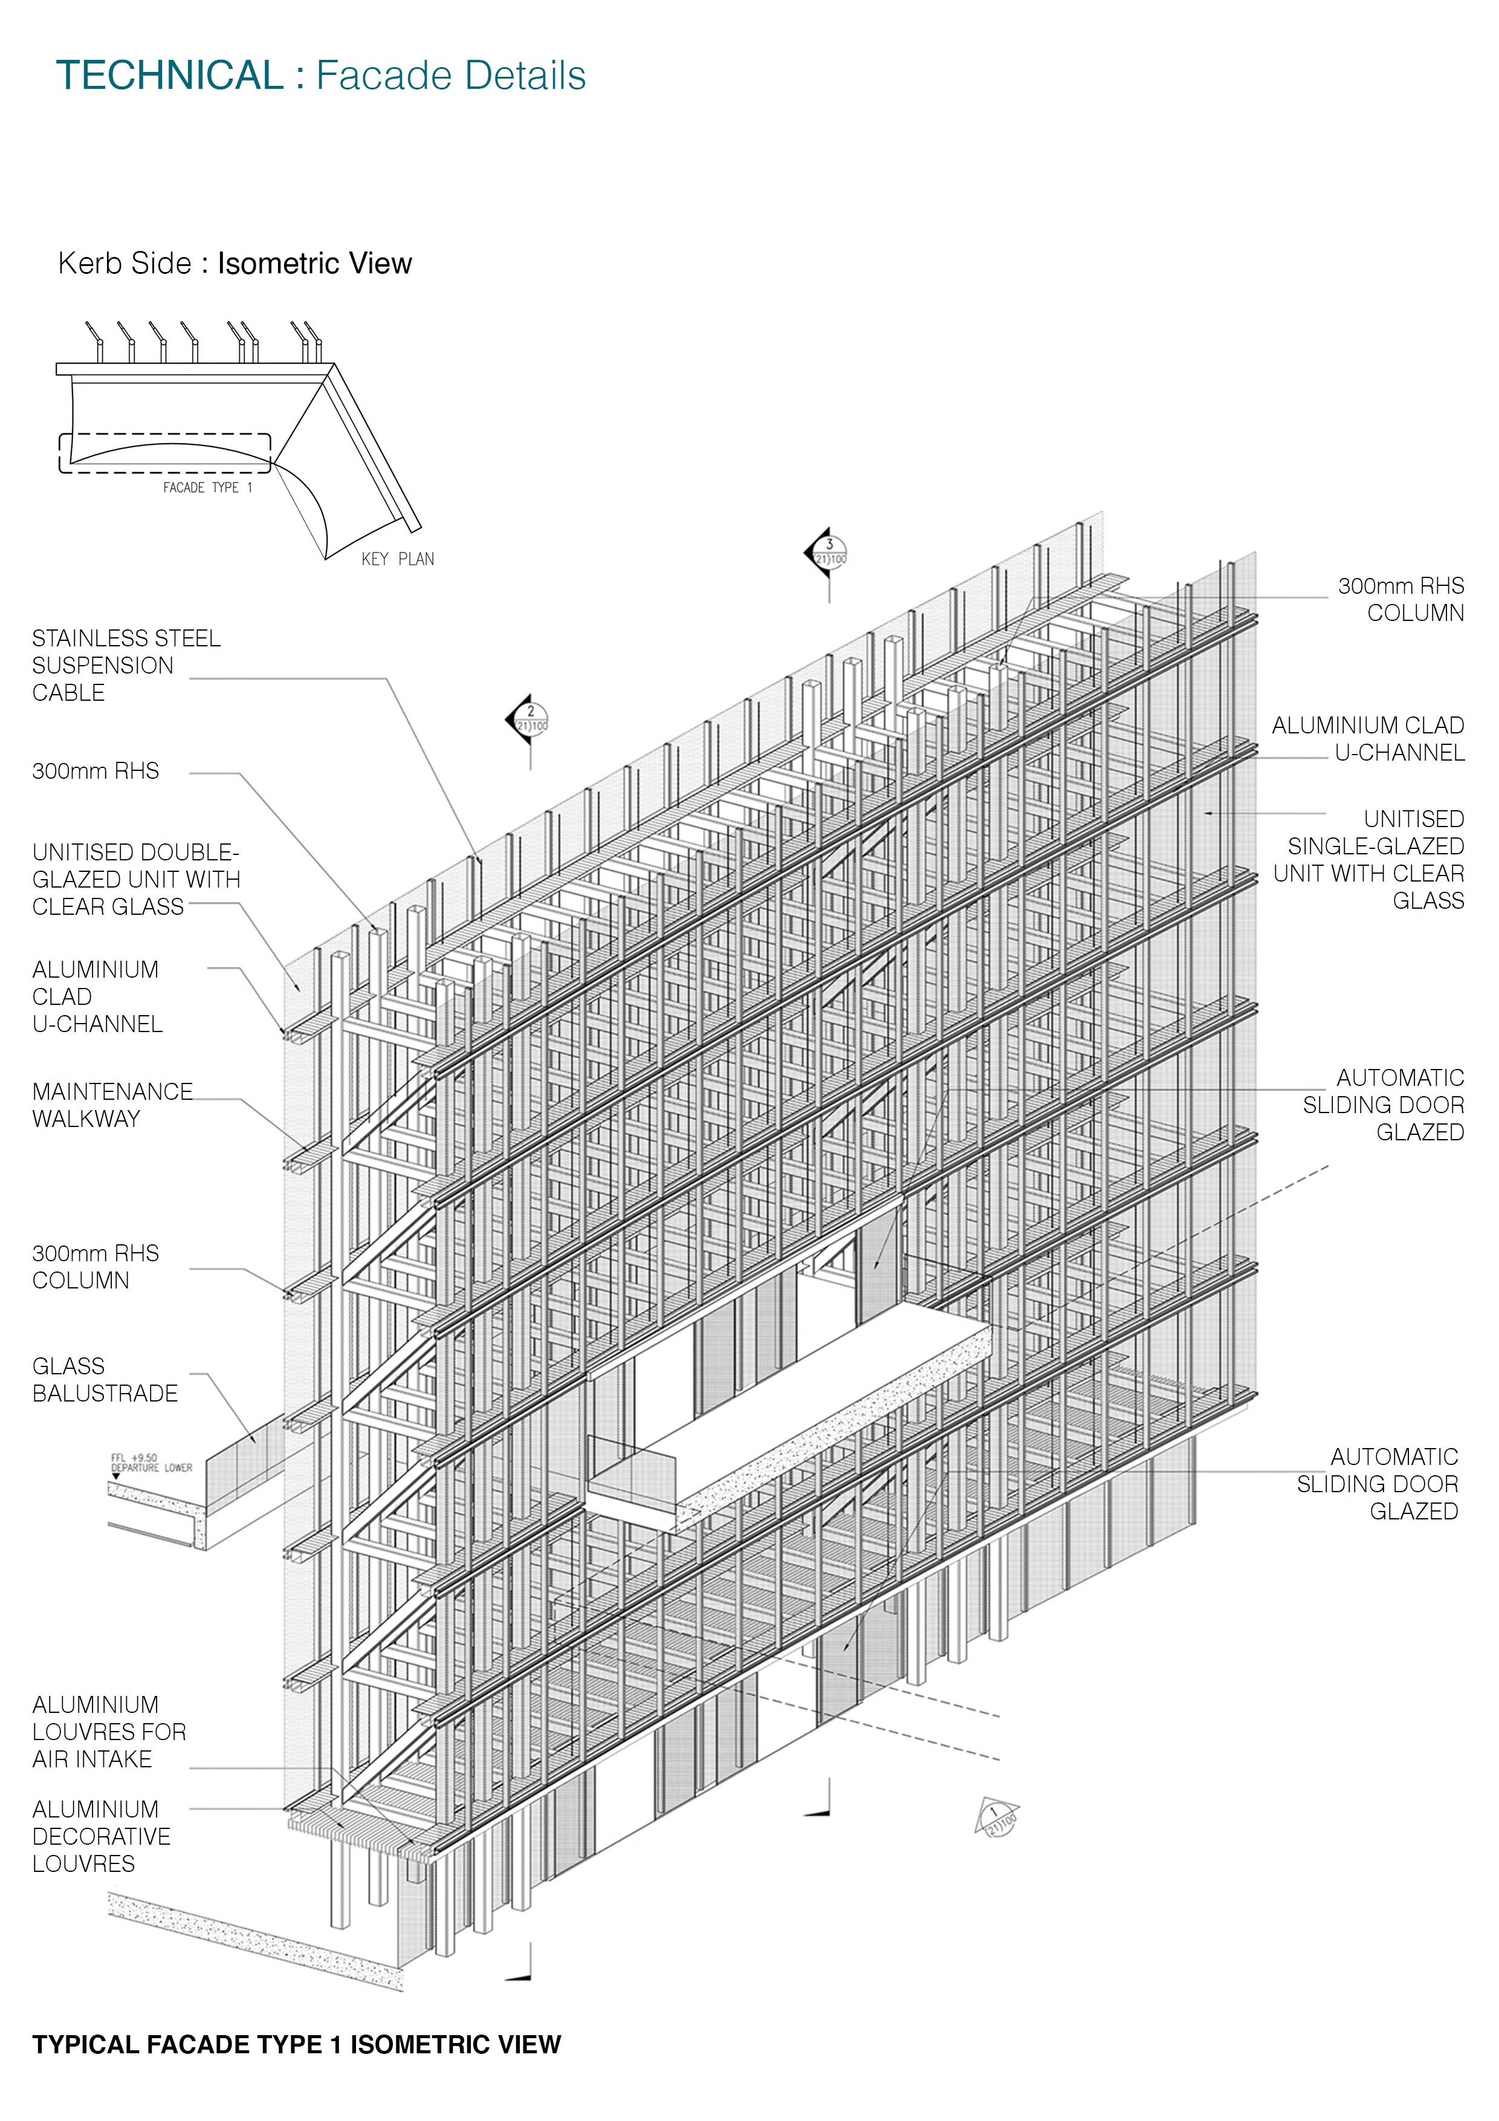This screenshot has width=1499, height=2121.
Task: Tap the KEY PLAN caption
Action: click(397, 559)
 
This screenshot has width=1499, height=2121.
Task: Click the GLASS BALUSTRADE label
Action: click(105, 1379)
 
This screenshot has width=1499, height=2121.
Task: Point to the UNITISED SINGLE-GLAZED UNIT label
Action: click(1369, 859)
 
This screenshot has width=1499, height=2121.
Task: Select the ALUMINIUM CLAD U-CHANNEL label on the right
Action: click(1369, 739)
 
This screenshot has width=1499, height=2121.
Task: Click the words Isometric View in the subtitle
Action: click(314, 263)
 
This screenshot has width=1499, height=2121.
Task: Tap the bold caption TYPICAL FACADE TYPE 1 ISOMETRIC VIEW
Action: click(296, 2044)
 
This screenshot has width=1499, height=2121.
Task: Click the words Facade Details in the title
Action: click(451, 76)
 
